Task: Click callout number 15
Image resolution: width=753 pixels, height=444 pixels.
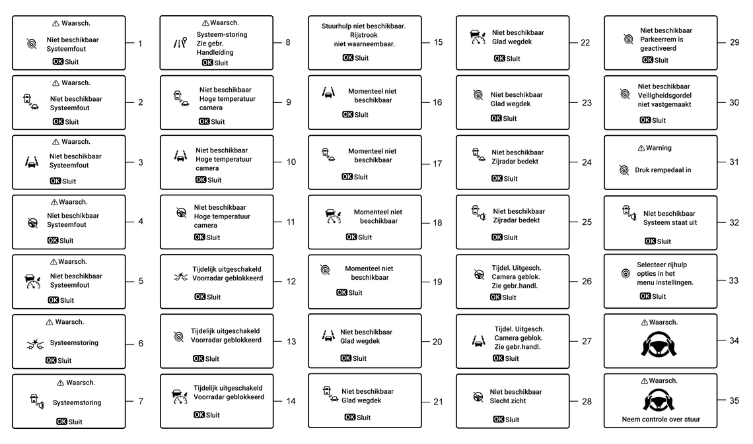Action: tap(438, 42)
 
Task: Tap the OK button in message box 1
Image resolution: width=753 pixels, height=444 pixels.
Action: tap(59, 61)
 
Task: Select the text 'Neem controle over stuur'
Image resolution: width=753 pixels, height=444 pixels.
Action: tap(661, 419)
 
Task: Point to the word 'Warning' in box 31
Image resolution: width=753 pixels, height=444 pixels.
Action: tap(659, 148)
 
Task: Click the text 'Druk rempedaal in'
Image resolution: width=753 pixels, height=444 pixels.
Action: tap(663, 170)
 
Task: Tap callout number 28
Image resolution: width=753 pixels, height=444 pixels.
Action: tap(587, 401)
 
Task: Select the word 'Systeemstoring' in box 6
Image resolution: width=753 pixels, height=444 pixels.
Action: tap(74, 343)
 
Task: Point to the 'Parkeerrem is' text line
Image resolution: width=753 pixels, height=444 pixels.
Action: tap(662, 40)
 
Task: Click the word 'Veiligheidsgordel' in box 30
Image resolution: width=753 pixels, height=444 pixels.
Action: tap(664, 95)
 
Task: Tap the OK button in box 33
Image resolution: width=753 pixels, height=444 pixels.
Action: tap(645, 296)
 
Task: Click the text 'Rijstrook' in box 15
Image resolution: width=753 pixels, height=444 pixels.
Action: tap(363, 35)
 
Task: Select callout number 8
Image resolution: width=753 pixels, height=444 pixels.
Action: tap(287, 42)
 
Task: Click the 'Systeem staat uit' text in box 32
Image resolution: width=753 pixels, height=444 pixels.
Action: tap(670, 222)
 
